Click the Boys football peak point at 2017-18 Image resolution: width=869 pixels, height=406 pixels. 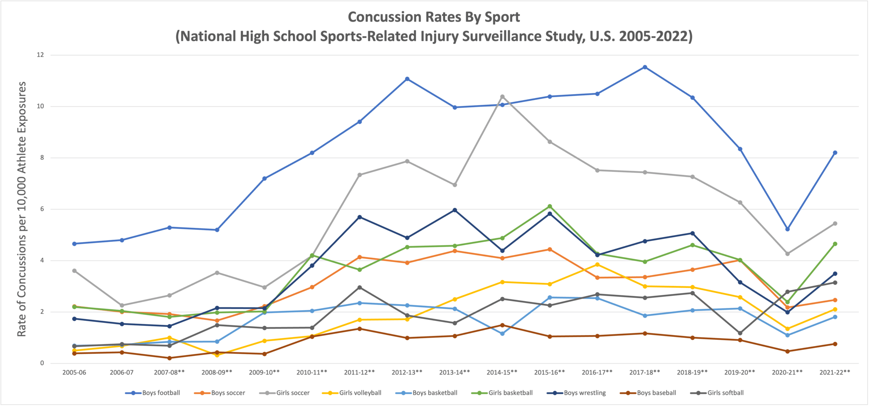click(645, 67)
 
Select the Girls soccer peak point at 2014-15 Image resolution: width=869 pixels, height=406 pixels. click(502, 97)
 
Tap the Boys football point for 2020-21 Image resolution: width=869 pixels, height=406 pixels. click(787, 229)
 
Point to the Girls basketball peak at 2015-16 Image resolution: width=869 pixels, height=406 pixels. click(549, 207)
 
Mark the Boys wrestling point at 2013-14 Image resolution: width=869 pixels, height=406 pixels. click(454, 210)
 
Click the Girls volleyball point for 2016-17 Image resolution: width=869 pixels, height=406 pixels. click(597, 265)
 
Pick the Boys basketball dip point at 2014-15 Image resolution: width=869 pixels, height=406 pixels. click(502, 334)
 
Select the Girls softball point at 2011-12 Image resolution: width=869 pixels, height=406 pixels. click(359, 288)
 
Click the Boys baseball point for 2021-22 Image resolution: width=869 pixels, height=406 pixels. click(835, 344)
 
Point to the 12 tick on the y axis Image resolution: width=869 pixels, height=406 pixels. click(41, 55)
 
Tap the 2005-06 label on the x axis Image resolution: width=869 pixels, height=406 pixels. click(74, 372)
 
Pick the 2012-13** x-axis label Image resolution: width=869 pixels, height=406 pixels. click(407, 372)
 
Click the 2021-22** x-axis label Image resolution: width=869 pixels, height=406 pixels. click(835, 372)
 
